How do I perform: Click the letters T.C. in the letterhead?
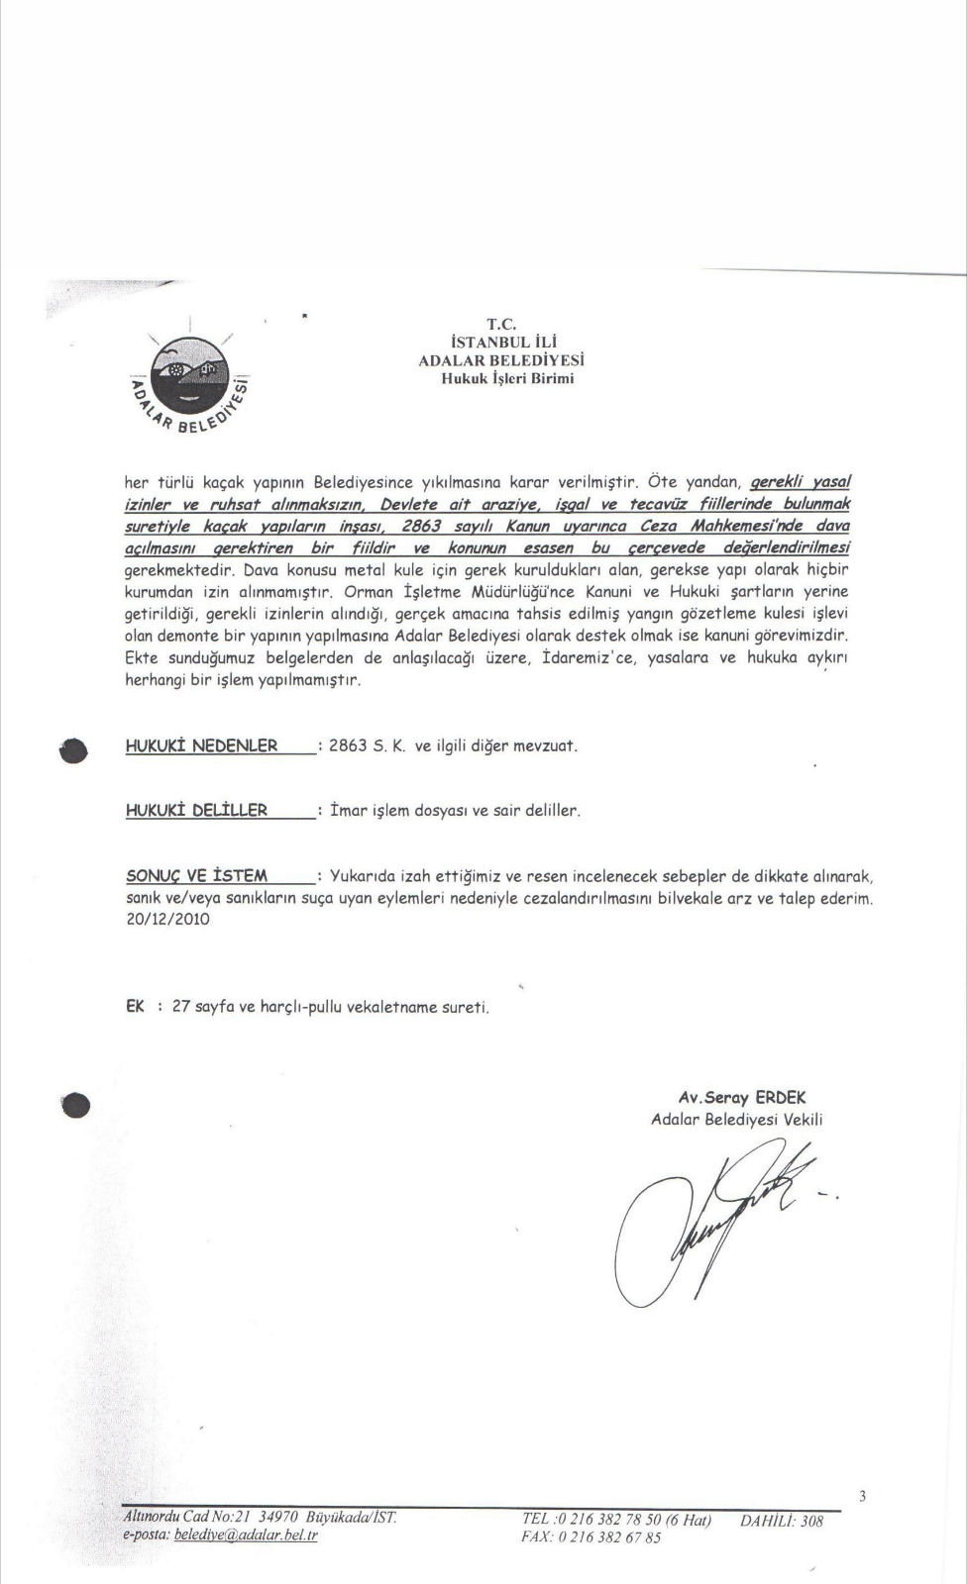click(498, 324)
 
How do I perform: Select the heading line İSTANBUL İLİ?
click(498, 343)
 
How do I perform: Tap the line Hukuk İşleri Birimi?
click(507, 377)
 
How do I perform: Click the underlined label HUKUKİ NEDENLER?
click(202, 745)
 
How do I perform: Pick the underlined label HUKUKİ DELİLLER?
click(197, 810)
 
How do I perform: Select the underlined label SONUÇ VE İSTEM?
click(197, 875)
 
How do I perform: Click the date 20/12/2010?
click(167, 919)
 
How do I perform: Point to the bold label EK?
click(135, 1006)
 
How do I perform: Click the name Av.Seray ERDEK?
click(742, 1098)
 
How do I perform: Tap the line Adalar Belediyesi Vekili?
click(737, 1120)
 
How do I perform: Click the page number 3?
click(863, 1496)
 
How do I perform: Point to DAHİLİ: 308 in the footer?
click(782, 1521)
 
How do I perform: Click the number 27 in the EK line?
click(180, 1006)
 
